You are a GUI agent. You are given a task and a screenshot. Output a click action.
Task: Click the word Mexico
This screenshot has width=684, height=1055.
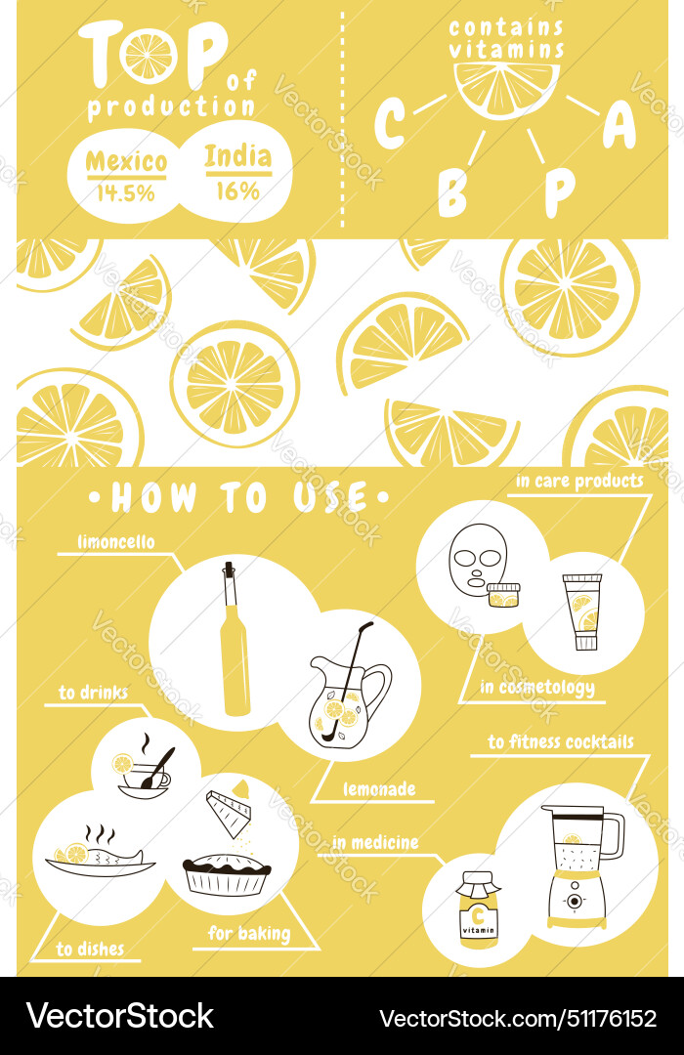126,160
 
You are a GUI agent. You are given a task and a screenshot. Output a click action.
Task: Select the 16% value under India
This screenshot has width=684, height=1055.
237,190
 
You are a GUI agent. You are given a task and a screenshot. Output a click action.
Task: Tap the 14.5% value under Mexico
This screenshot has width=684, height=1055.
126,192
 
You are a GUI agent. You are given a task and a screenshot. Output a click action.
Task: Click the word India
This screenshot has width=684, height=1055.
237,156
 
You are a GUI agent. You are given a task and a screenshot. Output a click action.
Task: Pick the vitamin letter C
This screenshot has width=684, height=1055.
390,124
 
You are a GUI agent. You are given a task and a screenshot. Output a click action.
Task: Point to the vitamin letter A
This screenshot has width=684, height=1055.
619,124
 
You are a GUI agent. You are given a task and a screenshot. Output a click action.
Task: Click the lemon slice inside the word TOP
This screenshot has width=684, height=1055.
149,56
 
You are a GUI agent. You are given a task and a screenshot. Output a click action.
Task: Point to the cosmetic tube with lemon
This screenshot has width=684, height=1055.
585,612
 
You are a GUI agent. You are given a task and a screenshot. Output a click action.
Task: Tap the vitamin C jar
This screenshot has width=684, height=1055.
479,908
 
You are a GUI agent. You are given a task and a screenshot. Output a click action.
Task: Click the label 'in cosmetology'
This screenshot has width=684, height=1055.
536,688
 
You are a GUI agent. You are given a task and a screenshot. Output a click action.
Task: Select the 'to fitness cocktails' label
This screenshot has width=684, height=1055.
560,742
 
